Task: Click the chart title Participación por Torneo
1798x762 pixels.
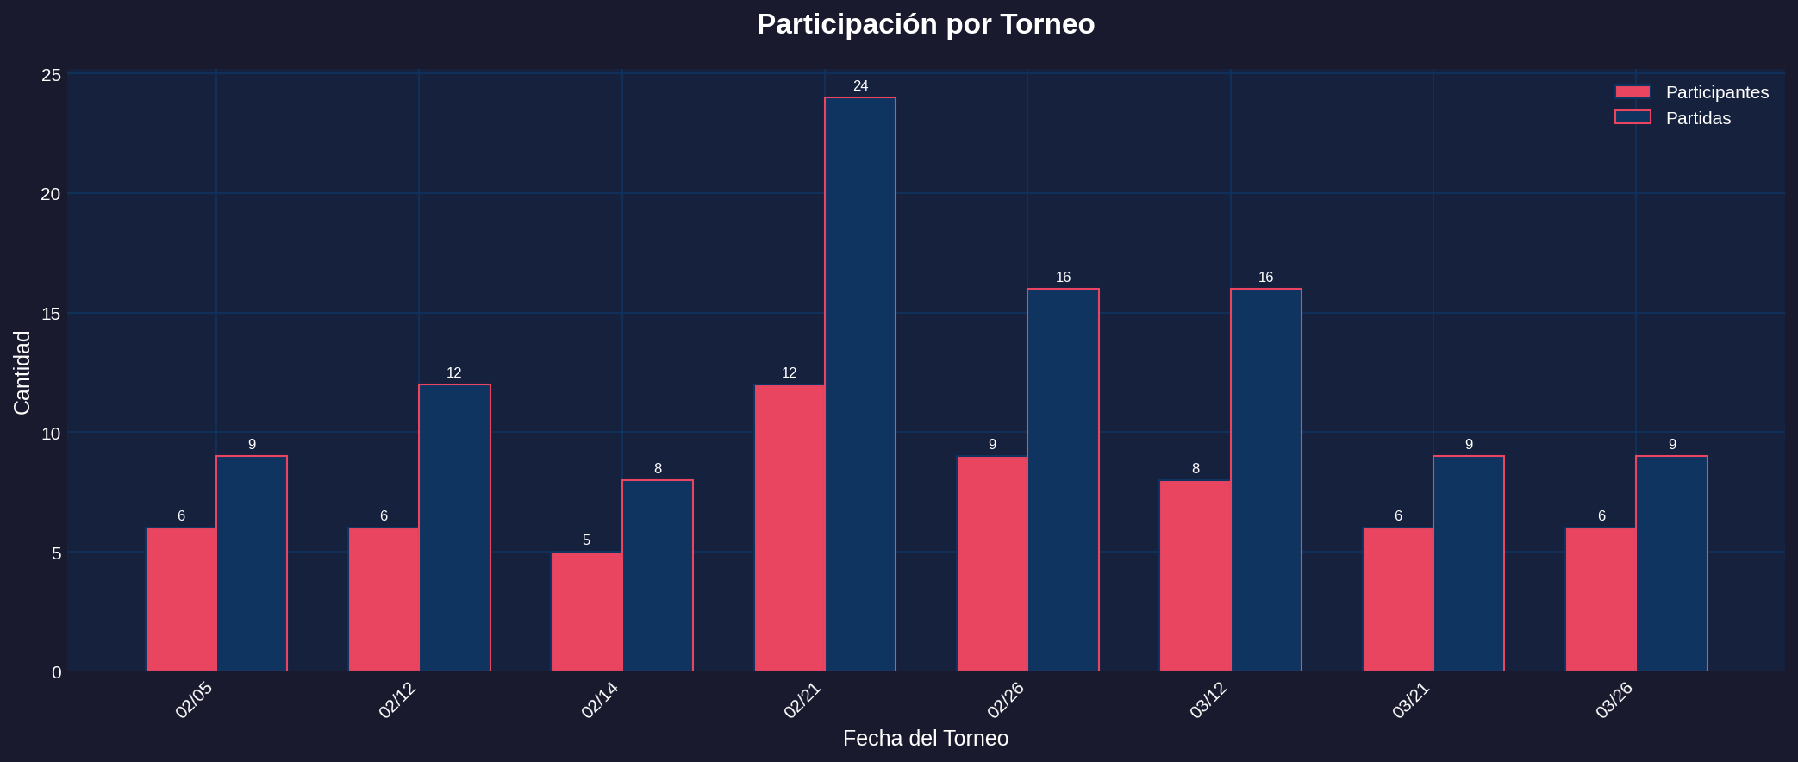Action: click(x=925, y=24)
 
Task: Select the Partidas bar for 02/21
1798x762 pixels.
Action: click(x=859, y=384)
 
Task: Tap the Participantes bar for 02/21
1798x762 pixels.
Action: click(x=789, y=528)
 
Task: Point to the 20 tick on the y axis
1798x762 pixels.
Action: click(x=51, y=194)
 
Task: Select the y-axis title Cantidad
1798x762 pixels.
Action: click(x=22, y=372)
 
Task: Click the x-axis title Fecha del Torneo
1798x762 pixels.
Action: click(x=925, y=739)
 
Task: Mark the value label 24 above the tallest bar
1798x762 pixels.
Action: click(x=860, y=86)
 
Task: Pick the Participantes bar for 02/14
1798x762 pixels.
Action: click(x=586, y=611)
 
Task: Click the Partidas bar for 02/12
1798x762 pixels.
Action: click(x=454, y=528)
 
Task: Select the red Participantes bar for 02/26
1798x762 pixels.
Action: click(x=992, y=564)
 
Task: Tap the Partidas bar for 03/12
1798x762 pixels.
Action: click(x=1265, y=480)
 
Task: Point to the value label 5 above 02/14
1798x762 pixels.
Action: click(x=586, y=540)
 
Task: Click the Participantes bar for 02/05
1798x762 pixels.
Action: click(x=181, y=599)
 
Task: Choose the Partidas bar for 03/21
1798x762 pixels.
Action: click(x=1468, y=564)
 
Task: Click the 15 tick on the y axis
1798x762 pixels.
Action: click(x=51, y=314)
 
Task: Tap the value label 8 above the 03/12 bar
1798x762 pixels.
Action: click(x=1196, y=469)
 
